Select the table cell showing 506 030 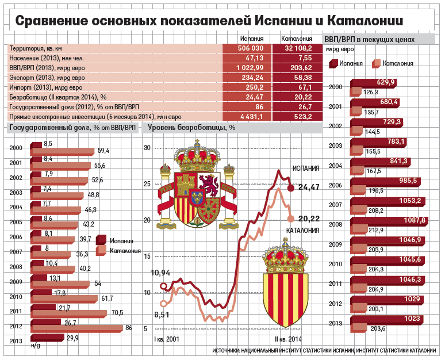pyautogui.click(x=250, y=48)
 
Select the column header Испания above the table pyautogui.click(x=251, y=39)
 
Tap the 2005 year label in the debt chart pyautogui.click(x=16, y=222)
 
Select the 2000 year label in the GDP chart pyautogui.click(x=336, y=87)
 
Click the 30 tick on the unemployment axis pyautogui.click(x=147, y=148)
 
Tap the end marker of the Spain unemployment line pyautogui.click(x=290, y=187)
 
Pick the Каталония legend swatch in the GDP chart pyautogui.click(x=377, y=63)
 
